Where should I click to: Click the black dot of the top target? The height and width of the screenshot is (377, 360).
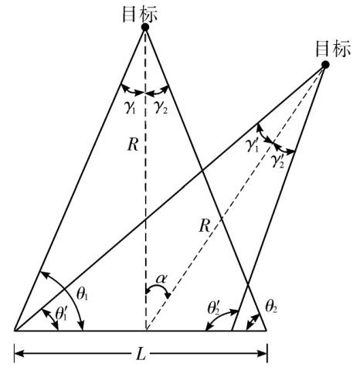(x=145, y=27)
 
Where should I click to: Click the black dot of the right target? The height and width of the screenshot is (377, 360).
(x=325, y=65)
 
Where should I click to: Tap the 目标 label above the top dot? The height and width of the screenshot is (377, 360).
(x=140, y=14)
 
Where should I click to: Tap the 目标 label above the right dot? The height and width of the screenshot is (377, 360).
(x=333, y=49)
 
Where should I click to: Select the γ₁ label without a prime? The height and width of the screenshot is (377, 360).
(x=130, y=107)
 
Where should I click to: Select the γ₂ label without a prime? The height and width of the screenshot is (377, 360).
(x=161, y=107)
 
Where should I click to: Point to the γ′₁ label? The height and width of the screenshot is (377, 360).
(x=252, y=146)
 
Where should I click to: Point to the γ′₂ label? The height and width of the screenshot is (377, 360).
(x=277, y=161)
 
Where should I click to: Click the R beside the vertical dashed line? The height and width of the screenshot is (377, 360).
(x=133, y=145)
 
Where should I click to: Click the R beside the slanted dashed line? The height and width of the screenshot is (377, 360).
(x=204, y=226)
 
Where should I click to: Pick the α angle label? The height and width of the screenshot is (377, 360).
(x=161, y=279)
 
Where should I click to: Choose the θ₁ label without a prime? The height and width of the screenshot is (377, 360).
(x=83, y=294)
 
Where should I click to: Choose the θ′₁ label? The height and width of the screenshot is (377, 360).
(x=61, y=314)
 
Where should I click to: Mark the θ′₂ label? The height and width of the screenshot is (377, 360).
(x=213, y=308)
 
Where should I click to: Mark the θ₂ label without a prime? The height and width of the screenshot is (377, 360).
(x=271, y=307)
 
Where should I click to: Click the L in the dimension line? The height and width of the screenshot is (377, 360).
(x=141, y=355)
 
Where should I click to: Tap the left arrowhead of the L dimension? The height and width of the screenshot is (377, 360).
(x=19, y=353)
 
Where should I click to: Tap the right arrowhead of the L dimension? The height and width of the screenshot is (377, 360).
(x=263, y=353)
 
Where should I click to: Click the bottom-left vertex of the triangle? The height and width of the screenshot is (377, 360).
(x=15, y=330)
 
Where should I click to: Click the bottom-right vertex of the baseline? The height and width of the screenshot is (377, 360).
(x=267, y=330)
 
